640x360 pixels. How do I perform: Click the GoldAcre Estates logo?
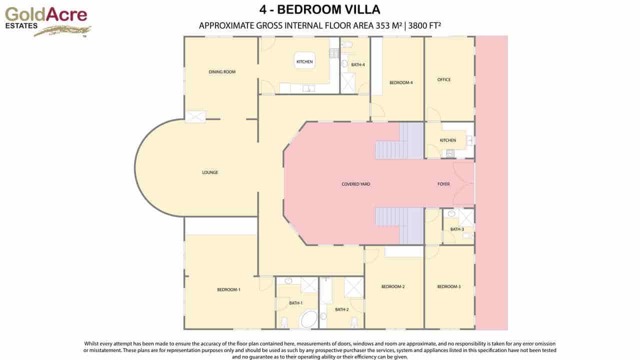47,22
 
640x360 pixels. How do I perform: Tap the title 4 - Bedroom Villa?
319,9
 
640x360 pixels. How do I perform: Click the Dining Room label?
222,71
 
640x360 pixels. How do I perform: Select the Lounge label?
210,172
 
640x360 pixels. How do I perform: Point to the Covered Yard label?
355,184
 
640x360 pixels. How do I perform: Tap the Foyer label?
443,184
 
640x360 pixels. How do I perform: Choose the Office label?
443,79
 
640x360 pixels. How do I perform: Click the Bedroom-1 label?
228,289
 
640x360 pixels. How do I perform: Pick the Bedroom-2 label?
393,286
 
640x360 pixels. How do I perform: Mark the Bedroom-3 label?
449,286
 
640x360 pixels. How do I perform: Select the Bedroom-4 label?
401,82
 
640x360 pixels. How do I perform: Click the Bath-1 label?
295,303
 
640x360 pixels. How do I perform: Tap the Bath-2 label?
341,309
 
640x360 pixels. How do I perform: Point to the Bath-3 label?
457,229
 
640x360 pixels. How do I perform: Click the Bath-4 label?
357,65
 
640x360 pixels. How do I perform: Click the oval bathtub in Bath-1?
308,319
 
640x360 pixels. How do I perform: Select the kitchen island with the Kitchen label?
304,60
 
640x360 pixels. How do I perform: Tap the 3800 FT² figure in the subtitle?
424,25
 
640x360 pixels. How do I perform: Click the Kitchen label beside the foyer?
447,140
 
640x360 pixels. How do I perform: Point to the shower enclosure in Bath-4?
347,83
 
